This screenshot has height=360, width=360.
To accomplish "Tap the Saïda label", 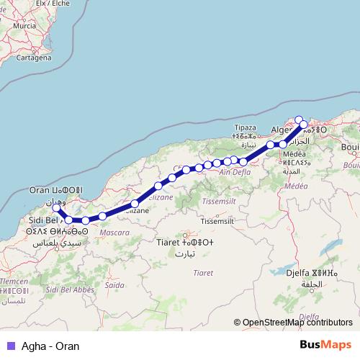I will (115, 285).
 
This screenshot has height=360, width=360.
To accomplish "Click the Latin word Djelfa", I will (299, 274).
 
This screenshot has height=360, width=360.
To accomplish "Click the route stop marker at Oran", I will (57, 208).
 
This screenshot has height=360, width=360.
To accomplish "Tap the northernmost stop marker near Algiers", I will (299, 120).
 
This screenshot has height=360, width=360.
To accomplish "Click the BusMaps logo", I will (325, 345).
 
